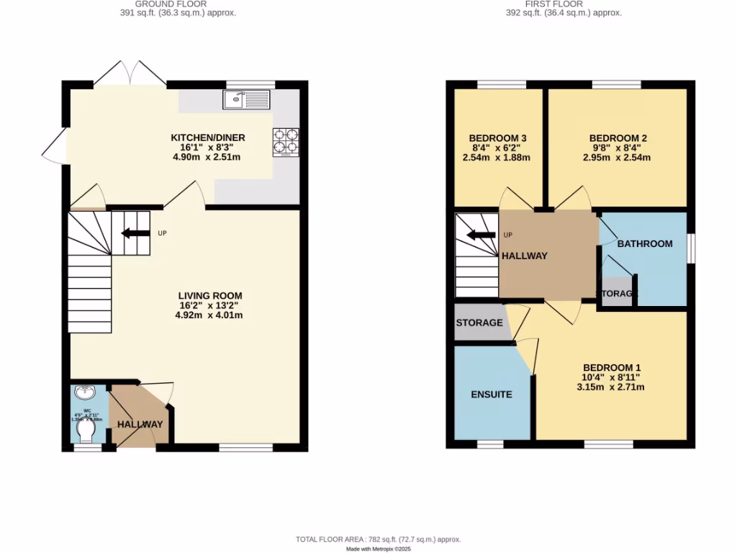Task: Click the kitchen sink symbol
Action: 246,99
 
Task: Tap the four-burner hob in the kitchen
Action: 285,142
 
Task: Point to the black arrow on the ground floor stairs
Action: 134,233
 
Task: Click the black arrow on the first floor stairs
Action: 480,235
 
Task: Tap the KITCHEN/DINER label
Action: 208,138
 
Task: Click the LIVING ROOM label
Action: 210,295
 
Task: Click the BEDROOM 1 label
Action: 611,366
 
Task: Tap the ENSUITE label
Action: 492,395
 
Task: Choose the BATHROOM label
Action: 645,243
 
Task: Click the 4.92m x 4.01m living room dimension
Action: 210,315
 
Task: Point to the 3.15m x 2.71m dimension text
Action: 610,387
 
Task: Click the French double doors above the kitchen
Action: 130,73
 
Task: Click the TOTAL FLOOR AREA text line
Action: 378,539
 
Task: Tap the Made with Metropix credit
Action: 378,549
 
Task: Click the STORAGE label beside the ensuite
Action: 479,323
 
